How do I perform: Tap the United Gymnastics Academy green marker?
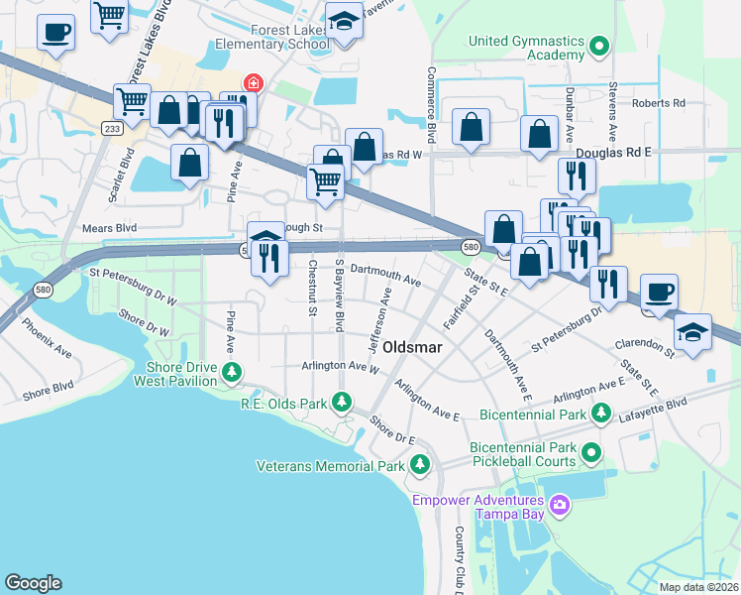(x=598, y=47)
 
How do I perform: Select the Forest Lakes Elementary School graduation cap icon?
(x=344, y=21)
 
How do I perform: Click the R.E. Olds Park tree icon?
(x=342, y=403)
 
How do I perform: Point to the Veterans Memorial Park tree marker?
(x=420, y=464)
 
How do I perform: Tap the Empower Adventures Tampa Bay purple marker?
(x=560, y=506)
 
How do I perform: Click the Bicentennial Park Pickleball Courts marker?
(x=592, y=454)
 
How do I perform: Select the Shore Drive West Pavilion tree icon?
(x=232, y=373)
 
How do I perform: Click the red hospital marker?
(x=254, y=83)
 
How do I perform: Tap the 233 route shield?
(x=112, y=128)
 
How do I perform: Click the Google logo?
(x=34, y=582)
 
